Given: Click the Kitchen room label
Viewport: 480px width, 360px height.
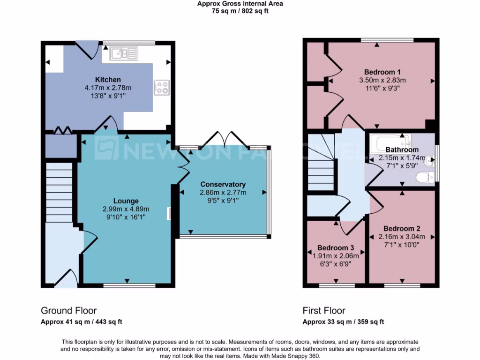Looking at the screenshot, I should (x=108, y=80).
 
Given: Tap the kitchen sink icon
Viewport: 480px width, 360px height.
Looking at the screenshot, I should (x=124, y=53).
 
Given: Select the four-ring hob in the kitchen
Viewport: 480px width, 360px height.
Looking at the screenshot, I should (x=162, y=87).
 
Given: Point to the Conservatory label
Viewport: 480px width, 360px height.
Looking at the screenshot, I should (x=223, y=184).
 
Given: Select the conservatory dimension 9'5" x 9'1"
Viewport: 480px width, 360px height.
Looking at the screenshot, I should (x=223, y=200).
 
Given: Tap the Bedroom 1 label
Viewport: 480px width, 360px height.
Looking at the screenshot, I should (x=382, y=72).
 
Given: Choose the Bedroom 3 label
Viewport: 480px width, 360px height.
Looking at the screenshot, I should (x=335, y=247).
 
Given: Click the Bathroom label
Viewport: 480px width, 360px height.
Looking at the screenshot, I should (x=402, y=150).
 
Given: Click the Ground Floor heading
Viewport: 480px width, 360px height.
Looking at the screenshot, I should (x=69, y=310).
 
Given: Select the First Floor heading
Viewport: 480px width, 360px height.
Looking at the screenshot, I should (x=324, y=310).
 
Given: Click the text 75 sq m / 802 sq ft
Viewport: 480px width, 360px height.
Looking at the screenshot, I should (x=240, y=11).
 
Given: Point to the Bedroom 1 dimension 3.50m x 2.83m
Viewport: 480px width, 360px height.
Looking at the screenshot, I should (x=382, y=80).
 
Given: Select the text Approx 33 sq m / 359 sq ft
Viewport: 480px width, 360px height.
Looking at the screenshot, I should (x=343, y=322).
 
